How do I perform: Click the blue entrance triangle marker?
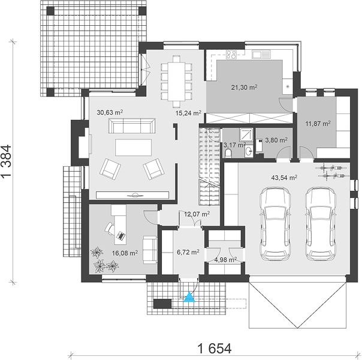tap(189, 298)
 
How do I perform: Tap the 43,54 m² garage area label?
tap(284, 178)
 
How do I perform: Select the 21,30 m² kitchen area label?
tap(245, 87)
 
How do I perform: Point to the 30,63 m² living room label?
tap(110, 112)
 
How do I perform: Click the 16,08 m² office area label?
tap(125, 253)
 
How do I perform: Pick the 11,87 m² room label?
tap(318, 124)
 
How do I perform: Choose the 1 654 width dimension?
tap(215, 349)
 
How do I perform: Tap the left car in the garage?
tap(275, 224)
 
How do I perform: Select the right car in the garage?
tap(320, 224)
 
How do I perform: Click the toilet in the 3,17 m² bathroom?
tap(228, 154)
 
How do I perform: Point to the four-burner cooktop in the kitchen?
tap(231, 55)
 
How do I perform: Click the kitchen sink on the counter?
tap(261, 55)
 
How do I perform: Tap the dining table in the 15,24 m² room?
tap(177, 82)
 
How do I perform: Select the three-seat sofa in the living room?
tap(132, 126)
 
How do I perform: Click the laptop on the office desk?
tap(120, 235)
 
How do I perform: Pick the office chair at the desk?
tap(110, 228)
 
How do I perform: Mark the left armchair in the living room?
tap(110, 169)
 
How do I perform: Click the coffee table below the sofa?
tap(134, 148)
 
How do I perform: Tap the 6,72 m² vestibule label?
tap(188, 252)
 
